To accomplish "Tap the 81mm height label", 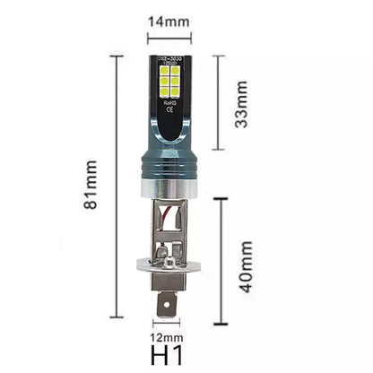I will click(x=91, y=186).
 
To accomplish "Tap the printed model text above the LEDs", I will click(x=169, y=59).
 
